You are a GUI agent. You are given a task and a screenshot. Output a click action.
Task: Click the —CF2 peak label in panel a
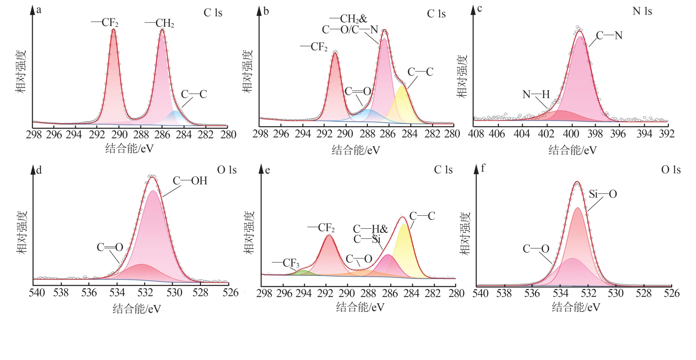point(105,23)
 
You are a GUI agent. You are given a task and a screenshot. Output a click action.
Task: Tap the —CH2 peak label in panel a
point(159,24)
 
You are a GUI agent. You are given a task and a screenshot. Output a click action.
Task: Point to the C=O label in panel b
point(358,91)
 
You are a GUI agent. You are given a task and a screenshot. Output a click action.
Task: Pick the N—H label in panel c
point(536,94)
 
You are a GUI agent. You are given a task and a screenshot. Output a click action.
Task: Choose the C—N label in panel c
point(609,35)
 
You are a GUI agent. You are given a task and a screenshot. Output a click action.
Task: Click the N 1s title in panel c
point(642,11)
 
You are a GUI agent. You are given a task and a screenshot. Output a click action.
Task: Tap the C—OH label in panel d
point(190,181)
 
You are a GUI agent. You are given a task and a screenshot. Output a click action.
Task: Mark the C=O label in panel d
point(110,247)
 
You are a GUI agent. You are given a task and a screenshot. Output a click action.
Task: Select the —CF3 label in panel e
point(286,263)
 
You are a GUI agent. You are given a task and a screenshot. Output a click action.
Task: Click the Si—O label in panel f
point(603,194)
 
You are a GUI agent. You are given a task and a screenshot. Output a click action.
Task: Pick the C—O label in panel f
point(536,249)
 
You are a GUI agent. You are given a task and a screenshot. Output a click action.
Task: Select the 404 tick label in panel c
point(522,134)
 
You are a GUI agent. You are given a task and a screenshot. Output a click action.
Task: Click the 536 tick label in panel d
point(89,293)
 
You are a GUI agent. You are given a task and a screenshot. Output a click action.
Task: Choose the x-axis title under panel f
point(576,307)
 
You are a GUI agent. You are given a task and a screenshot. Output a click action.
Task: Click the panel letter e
point(267,170)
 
